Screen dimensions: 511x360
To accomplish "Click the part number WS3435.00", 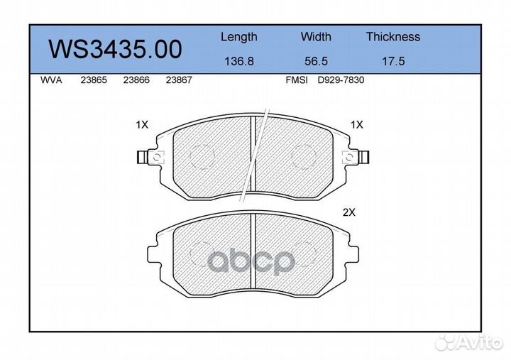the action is point(115,49).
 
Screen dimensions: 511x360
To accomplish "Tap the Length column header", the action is point(239,37).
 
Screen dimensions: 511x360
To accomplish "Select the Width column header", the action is point(316,36).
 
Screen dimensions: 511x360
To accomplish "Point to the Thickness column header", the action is point(393,36).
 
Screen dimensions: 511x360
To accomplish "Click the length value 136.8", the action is point(239,61).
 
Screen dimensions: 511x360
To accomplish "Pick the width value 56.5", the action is point(316,61).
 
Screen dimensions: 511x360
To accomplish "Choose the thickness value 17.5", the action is point(393,61).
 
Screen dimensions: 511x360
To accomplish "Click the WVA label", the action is point(51,80).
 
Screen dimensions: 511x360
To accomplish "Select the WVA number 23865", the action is point(94,80).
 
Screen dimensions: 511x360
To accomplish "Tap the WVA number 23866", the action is point(136,80).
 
